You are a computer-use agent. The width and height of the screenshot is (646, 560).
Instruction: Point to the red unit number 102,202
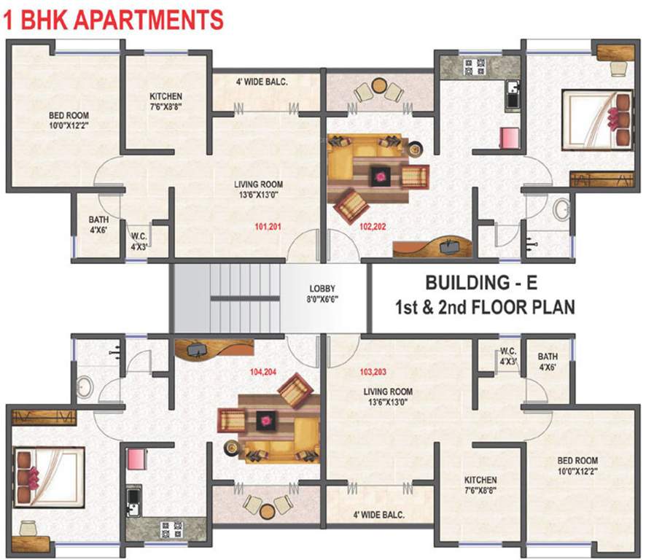click(373, 226)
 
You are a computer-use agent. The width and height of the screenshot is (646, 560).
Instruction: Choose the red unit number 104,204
click(264, 371)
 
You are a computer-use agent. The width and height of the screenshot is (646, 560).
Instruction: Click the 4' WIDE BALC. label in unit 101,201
click(262, 82)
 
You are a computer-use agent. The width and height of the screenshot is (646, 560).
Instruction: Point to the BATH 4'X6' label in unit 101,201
click(98, 224)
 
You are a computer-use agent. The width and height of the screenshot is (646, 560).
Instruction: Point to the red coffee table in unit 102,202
click(379, 175)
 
